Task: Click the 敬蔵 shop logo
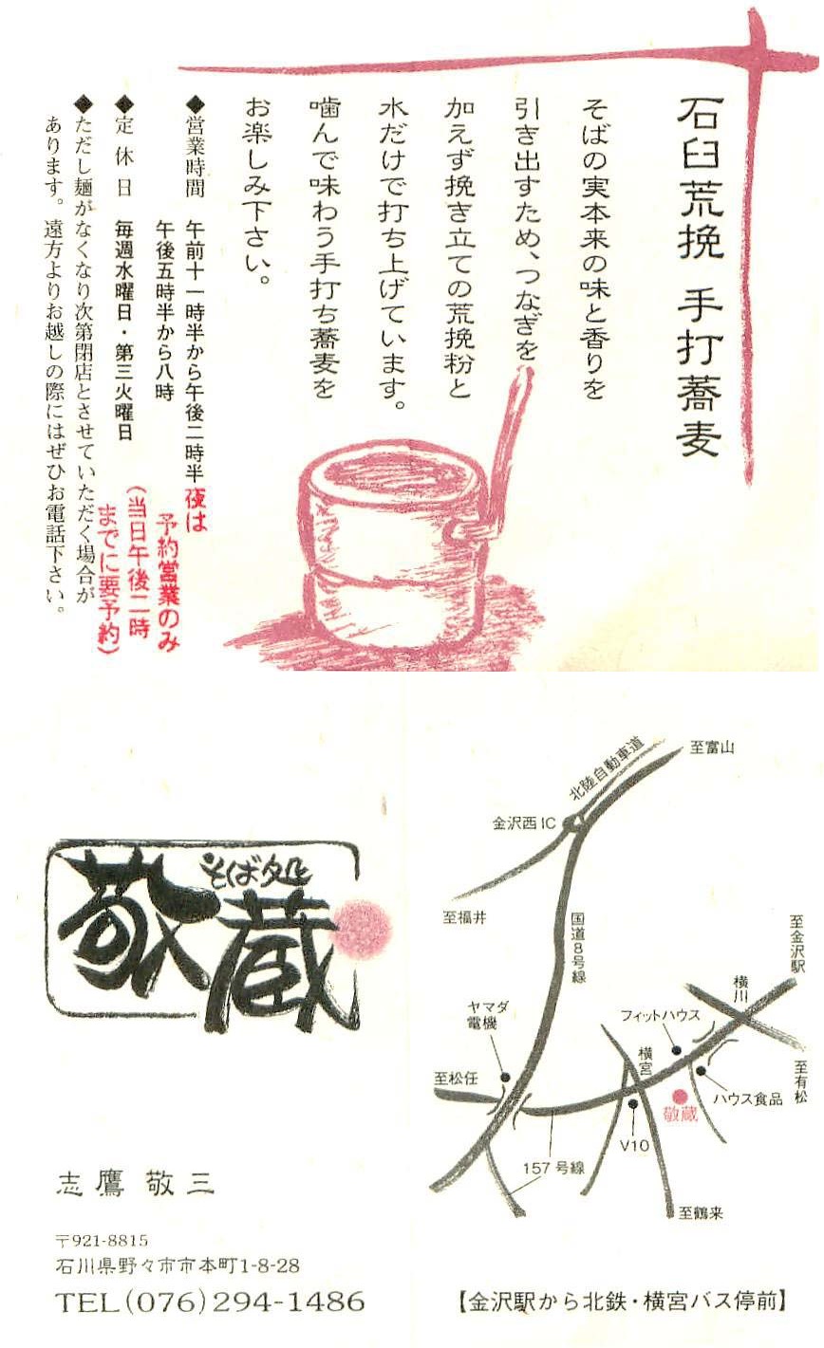tap(204, 940)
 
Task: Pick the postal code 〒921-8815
tap(102, 1240)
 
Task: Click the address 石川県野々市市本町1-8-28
tap(178, 1265)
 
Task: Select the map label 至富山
tap(712, 748)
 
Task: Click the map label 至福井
tap(464, 917)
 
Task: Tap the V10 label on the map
tap(633, 1145)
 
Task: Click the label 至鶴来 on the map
tap(701, 1211)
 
